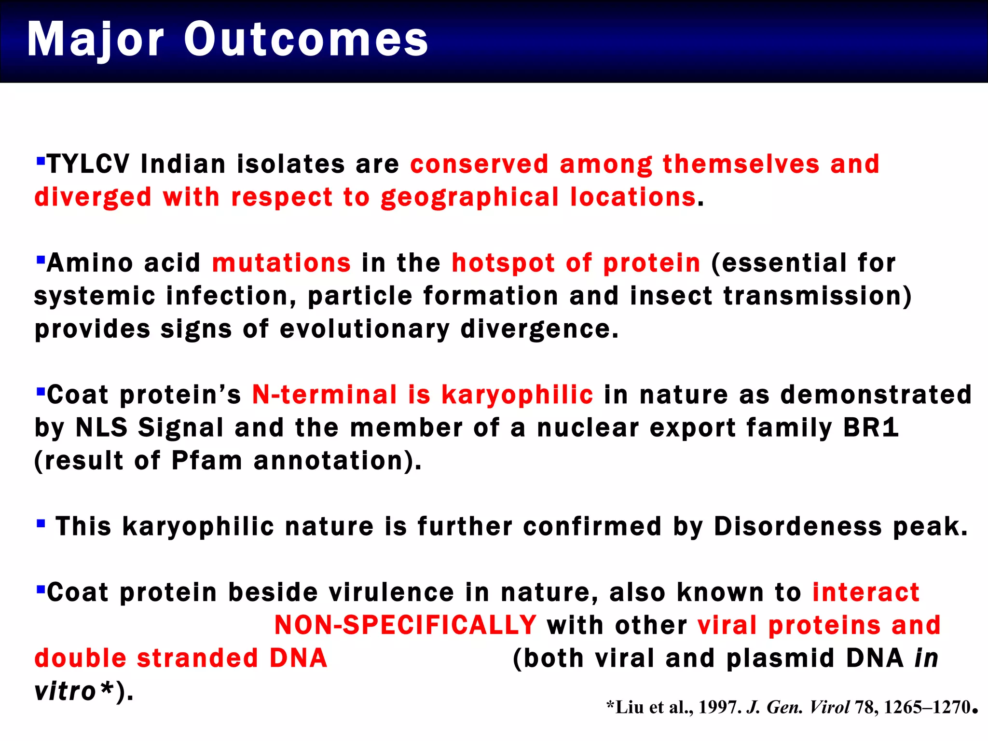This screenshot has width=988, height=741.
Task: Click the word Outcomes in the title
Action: point(306,40)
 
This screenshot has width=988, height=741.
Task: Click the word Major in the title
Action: point(96,40)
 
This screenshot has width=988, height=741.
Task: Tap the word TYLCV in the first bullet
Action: point(88,164)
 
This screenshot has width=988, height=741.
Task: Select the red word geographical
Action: point(469,198)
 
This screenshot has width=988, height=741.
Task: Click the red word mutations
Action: point(281,263)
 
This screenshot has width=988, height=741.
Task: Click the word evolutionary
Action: point(364,329)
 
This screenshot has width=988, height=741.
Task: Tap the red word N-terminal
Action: point(324,395)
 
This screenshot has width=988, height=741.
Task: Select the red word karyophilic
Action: point(517,395)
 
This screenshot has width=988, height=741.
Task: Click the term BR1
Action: point(871,427)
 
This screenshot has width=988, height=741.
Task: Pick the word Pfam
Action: point(206,460)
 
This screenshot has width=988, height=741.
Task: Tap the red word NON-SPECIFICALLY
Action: point(405,625)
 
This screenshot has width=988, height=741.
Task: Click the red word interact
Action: point(866,592)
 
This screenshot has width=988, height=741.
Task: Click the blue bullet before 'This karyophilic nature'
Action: point(41,523)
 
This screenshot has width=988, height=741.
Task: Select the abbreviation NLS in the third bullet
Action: point(101,427)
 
